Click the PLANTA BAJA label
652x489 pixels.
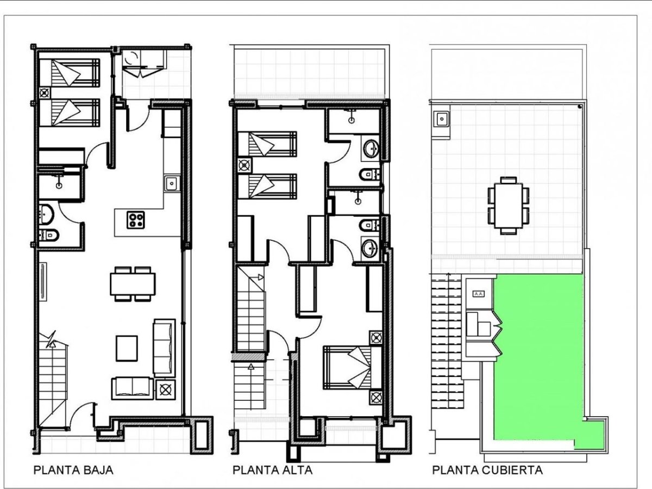click(73, 470)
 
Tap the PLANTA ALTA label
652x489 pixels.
click(272, 470)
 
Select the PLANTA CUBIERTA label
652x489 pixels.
click(487, 470)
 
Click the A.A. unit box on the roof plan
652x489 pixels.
click(479, 294)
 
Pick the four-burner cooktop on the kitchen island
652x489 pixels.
click(136, 220)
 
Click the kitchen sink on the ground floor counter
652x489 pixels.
click(172, 183)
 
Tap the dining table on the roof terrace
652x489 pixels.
click(508, 206)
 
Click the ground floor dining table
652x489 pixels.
click(133, 284)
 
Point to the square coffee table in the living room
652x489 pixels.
click(127, 349)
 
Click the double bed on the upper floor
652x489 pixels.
click(352, 367)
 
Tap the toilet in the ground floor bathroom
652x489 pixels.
click(49, 236)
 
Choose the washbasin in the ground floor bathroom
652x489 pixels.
click(46, 214)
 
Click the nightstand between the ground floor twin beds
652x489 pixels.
click(45, 93)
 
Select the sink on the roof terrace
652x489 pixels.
click(441, 119)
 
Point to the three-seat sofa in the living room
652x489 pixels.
click(164, 348)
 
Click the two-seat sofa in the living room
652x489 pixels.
click(133, 388)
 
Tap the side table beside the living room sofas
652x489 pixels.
click(166, 389)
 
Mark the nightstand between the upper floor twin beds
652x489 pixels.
click(244, 165)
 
